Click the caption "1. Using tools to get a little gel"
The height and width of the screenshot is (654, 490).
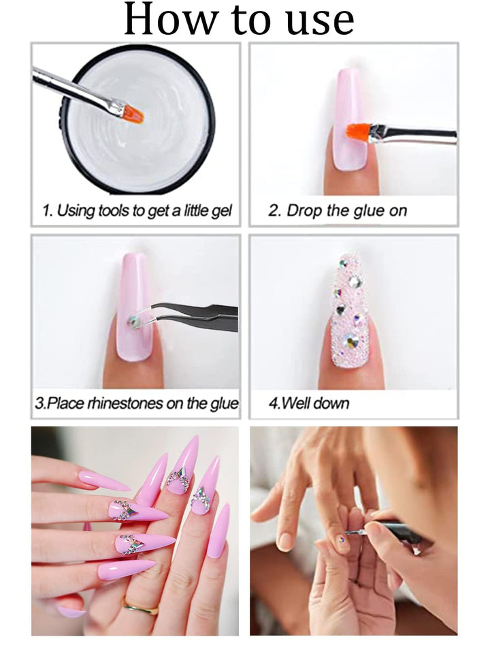(137, 211)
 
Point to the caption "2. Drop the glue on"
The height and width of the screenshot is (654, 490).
(338, 211)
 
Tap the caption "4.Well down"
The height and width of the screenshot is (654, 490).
(309, 403)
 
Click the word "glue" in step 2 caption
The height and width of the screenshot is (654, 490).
(370, 211)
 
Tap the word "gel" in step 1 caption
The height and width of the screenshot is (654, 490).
(222, 211)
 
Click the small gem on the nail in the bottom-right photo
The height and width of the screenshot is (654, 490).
(342, 540)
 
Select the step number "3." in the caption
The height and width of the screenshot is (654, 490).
(39, 403)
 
